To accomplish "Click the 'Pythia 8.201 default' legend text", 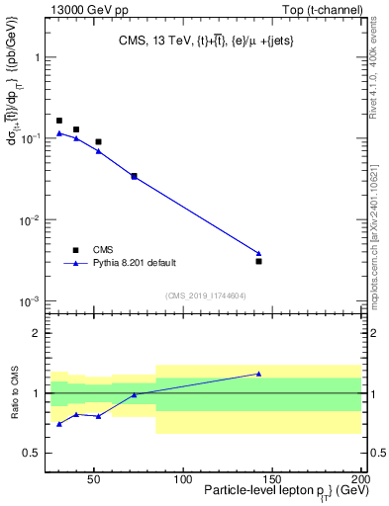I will click(134, 263).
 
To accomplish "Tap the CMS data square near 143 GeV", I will click(258, 261).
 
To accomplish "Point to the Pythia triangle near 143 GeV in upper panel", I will click(258, 253).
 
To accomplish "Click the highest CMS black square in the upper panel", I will click(59, 121).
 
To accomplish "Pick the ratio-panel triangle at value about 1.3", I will click(258, 374).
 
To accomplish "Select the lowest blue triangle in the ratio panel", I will click(59, 424).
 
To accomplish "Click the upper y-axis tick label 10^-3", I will click(29, 300).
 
